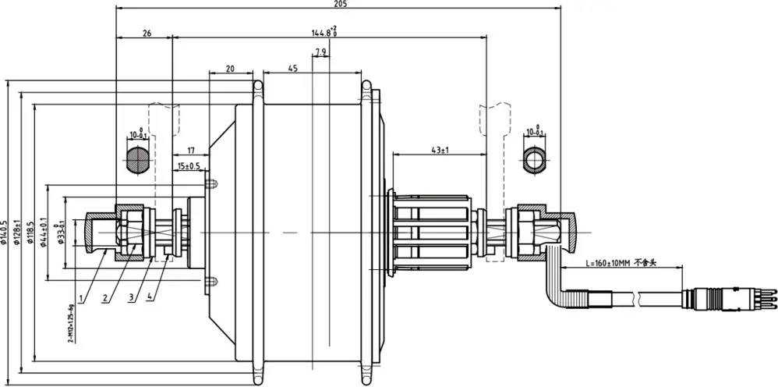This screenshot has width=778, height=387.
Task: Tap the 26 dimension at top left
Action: point(147,34)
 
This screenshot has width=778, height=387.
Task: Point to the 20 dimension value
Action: point(230,69)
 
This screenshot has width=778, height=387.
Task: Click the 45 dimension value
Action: point(292,69)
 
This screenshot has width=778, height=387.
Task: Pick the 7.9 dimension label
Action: point(320,53)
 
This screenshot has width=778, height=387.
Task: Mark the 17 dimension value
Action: point(189,149)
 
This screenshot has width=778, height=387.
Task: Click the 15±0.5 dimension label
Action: point(189,165)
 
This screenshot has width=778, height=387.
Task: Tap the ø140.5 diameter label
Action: point(5,232)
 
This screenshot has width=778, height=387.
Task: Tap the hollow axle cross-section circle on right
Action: point(535,162)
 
